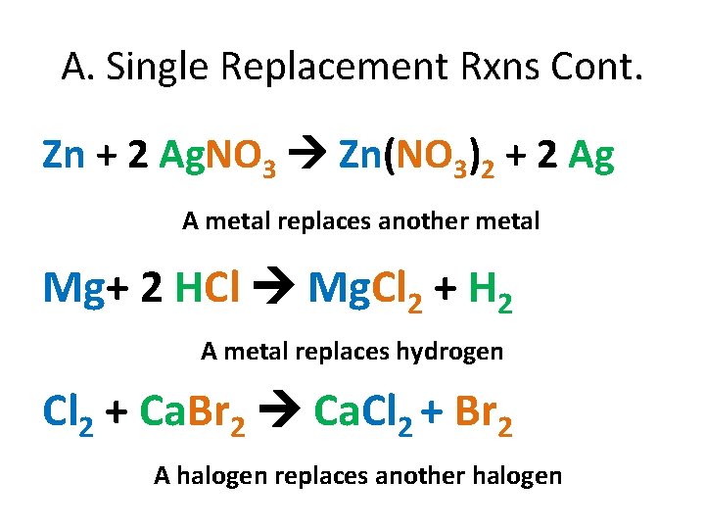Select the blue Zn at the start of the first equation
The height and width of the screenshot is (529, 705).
coord(65,156)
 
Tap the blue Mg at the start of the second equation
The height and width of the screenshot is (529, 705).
coord(73,288)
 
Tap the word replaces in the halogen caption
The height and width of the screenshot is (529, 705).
coord(298,476)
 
